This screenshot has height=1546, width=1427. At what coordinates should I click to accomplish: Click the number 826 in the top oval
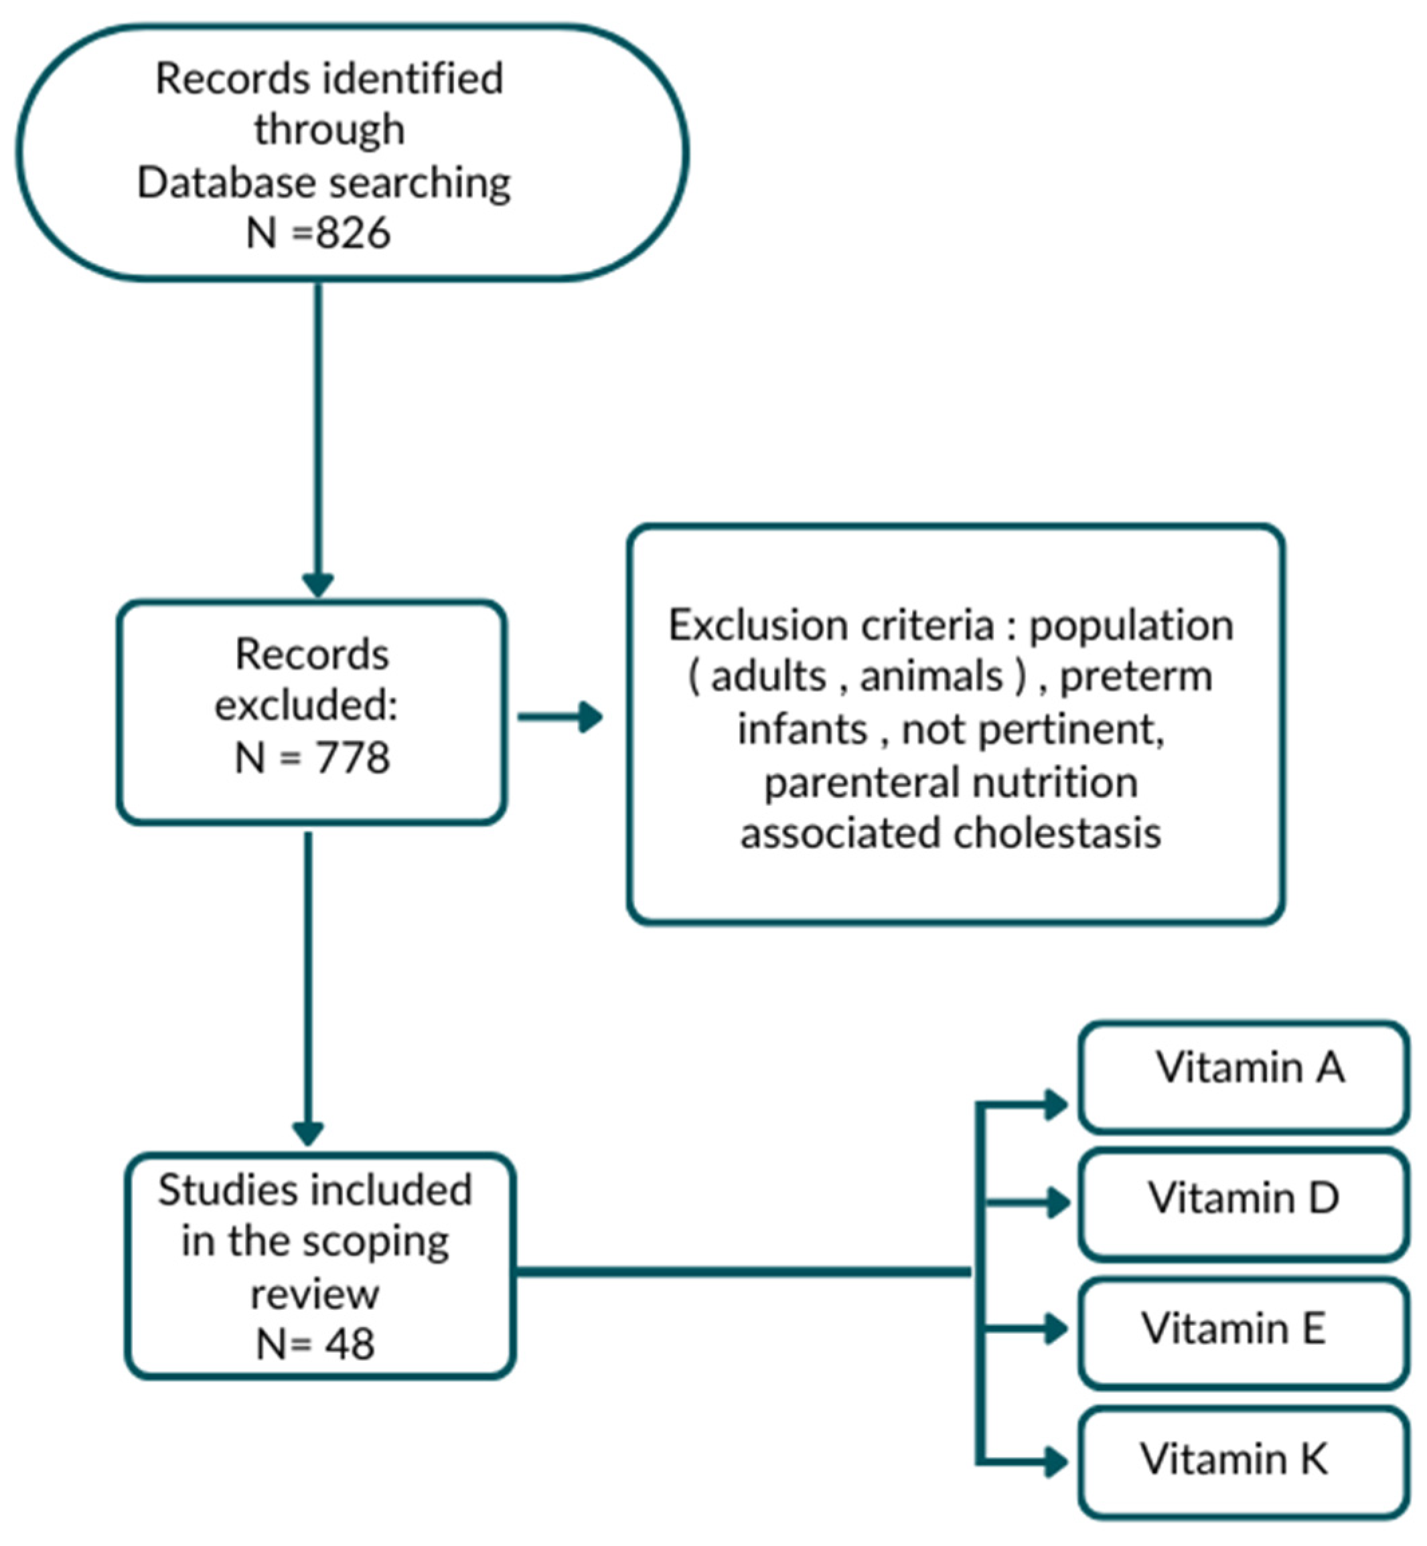coord(352,232)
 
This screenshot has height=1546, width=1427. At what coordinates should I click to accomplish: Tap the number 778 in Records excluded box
coord(352,758)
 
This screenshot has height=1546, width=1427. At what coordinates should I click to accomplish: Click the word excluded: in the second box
coord(307,705)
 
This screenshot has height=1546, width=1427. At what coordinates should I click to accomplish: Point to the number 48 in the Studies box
coord(349,1344)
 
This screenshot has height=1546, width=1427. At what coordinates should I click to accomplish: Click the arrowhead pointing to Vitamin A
coord(1055,1104)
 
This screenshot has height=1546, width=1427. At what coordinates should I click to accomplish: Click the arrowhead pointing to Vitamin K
coord(1055,1461)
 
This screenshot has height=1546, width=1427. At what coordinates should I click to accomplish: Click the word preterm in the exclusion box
coord(1135,677)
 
